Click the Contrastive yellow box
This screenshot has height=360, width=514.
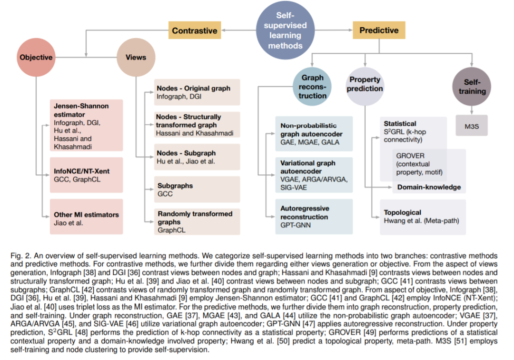click(x=195, y=30)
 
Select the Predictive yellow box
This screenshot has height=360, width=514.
click(x=379, y=30)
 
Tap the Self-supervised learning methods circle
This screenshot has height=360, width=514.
click(x=285, y=30)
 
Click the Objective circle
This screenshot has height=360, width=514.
click(x=36, y=57)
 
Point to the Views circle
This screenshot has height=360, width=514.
click(x=136, y=57)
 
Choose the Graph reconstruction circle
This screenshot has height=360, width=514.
click(x=312, y=87)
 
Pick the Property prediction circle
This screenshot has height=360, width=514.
click(x=365, y=87)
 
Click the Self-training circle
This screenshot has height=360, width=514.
click(x=472, y=87)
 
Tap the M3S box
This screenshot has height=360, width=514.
click(x=472, y=126)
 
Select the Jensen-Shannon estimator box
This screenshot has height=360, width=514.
click(x=87, y=125)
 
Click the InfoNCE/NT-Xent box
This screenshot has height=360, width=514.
click(x=87, y=175)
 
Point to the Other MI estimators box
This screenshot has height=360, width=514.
click(x=87, y=217)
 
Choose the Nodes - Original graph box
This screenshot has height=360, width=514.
click(x=197, y=92)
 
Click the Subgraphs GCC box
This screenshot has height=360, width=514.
click(x=197, y=190)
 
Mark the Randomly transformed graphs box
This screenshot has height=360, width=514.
click(x=197, y=221)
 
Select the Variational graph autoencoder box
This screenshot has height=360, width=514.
click(x=314, y=175)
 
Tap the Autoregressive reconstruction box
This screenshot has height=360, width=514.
click(x=314, y=217)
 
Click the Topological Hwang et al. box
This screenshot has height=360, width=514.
click(x=423, y=217)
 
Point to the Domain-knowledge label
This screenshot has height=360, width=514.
click(x=429, y=187)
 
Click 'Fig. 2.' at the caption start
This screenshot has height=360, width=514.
click(x=21, y=256)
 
